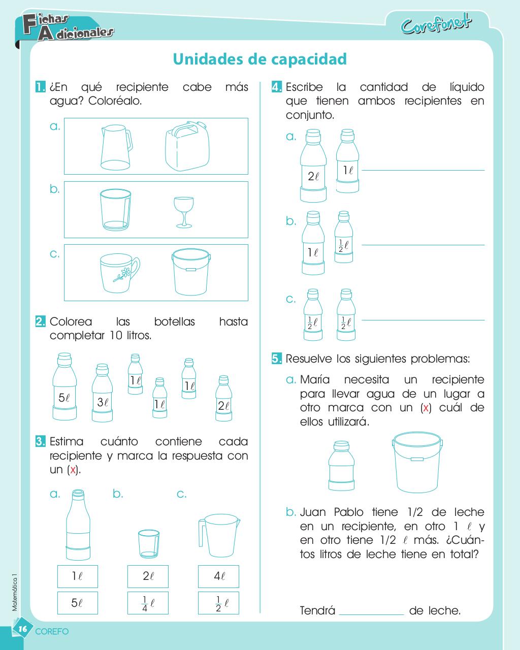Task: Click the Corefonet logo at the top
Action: [436, 24]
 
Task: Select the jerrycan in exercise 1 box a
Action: [187, 146]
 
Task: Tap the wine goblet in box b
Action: [184, 212]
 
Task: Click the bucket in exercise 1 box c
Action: [191, 272]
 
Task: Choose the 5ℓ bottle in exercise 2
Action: [64, 386]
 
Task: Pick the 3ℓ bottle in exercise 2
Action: [103, 393]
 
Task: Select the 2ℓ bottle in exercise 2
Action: [223, 398]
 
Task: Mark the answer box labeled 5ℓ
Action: [78, 603]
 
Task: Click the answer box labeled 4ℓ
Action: [218, 576]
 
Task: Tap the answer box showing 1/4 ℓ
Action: [148, 603]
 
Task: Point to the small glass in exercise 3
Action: [149, 544]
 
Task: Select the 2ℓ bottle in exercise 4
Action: [313, 166]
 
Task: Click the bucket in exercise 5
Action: [417, 462]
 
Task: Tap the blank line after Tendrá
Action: [372, 614]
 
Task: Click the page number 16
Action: [23, 629]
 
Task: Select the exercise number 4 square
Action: [277, 87]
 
